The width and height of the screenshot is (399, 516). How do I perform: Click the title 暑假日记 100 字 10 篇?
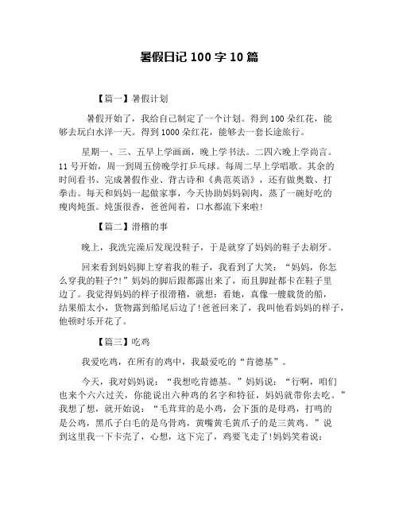pyautogui.click(x=199, y=57)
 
